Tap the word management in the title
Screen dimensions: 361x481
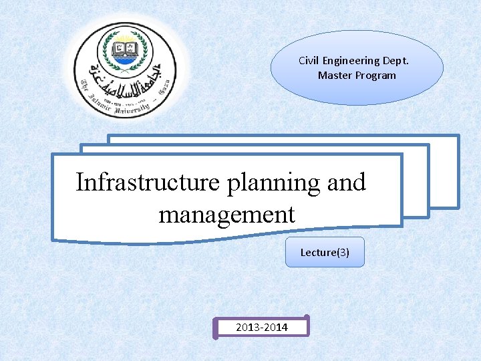click(x=226, y=215)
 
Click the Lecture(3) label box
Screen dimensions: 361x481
click(x=325, y=253)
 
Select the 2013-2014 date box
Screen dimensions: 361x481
click(x=262, y=327)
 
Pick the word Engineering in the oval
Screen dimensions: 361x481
click(x=353, y=61)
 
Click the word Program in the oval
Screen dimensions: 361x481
click(x=375, y=76)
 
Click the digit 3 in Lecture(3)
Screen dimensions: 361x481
click(x=342, y=253)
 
